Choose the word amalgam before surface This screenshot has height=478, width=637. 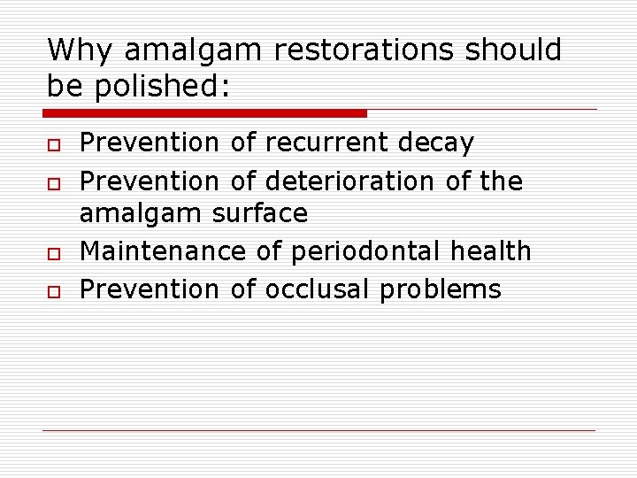click(x=142, y=213)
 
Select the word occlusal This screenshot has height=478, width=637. click(x=318, y=289)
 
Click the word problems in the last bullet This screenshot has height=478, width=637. click(x=441, y=289)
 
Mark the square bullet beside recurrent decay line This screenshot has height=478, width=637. click(x=53, y=144)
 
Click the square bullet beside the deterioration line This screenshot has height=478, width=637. click(x=53, y=183)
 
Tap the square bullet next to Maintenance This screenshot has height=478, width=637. click(x=53, y=253)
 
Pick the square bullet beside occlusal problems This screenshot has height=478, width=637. click(x=53, y=291)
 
